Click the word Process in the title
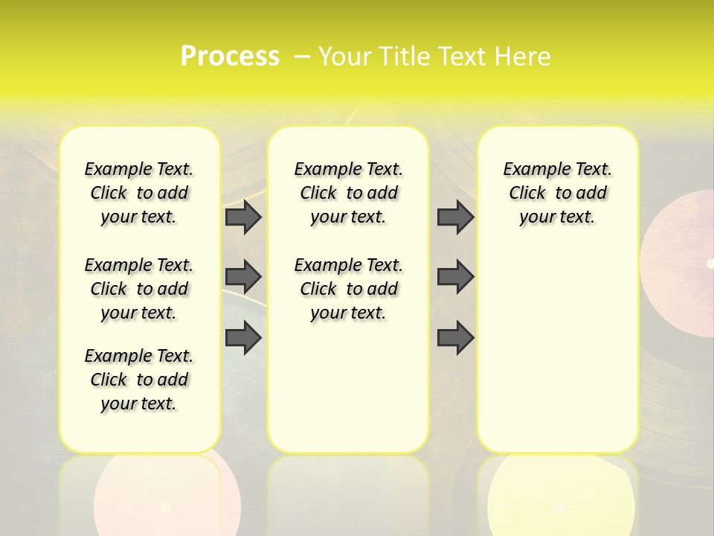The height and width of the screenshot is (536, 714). point(230,57)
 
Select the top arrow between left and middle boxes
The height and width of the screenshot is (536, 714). point(243,217)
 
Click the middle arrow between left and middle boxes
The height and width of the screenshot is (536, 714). point(243,278)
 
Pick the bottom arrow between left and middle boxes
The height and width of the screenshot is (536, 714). point(243,339)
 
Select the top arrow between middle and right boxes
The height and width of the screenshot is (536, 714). point(455,217)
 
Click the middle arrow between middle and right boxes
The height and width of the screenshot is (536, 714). point(455,278)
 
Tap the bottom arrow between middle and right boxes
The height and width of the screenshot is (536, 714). point(455,339)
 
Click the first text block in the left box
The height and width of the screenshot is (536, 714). point(139,193)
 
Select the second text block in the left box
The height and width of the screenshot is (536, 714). point(139,289)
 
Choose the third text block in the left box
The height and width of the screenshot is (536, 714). point(139,380)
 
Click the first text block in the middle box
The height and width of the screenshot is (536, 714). point(348,193)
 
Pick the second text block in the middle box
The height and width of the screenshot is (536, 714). point(348,289)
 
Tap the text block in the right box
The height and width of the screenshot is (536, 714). point(557,193)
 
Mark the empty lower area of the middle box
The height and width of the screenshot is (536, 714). point(348,387)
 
